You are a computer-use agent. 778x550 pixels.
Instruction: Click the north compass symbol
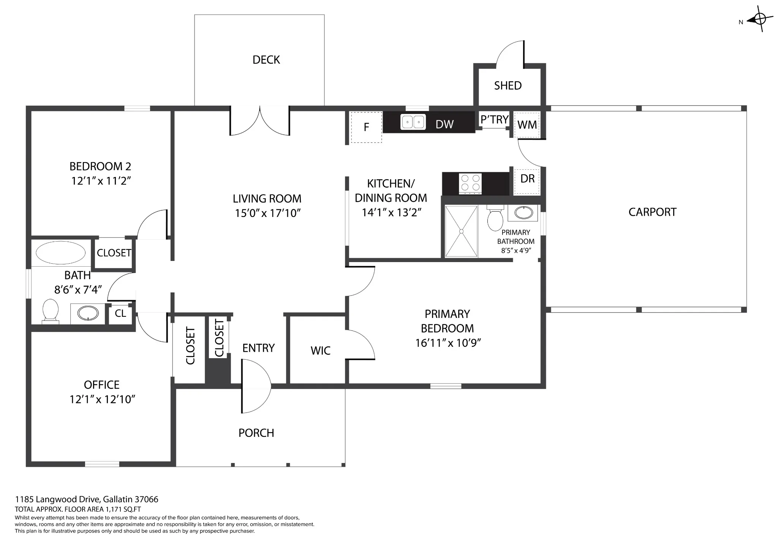[759, 19]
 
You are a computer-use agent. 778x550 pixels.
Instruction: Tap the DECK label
[266, 60]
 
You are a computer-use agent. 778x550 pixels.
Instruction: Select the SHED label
[508, 85]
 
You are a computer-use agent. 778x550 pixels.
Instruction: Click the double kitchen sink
[413, 122]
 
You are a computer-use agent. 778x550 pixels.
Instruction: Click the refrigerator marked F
[366, 127]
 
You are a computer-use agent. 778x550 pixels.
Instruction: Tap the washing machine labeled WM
[527, 125]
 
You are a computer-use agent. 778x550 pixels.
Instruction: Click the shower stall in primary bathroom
[461, 231]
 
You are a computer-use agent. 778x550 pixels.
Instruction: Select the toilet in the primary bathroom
[495, 218]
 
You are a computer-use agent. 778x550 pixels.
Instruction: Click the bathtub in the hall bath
[61, 253]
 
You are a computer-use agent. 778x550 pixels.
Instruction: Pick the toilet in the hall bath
[51, 311]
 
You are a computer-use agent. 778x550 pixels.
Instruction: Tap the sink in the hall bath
[88, 313]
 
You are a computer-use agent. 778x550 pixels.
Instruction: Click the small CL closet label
[120, 313]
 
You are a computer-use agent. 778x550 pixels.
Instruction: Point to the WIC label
[321, 351]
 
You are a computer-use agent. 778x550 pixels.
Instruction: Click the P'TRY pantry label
[494, 120]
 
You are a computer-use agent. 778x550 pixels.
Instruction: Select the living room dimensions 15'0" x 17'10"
[268, 213]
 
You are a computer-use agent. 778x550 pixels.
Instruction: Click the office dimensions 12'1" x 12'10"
[103, 400]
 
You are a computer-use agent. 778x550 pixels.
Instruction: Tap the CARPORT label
[652, 212]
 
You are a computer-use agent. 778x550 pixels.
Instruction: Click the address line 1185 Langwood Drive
[87, 499]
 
